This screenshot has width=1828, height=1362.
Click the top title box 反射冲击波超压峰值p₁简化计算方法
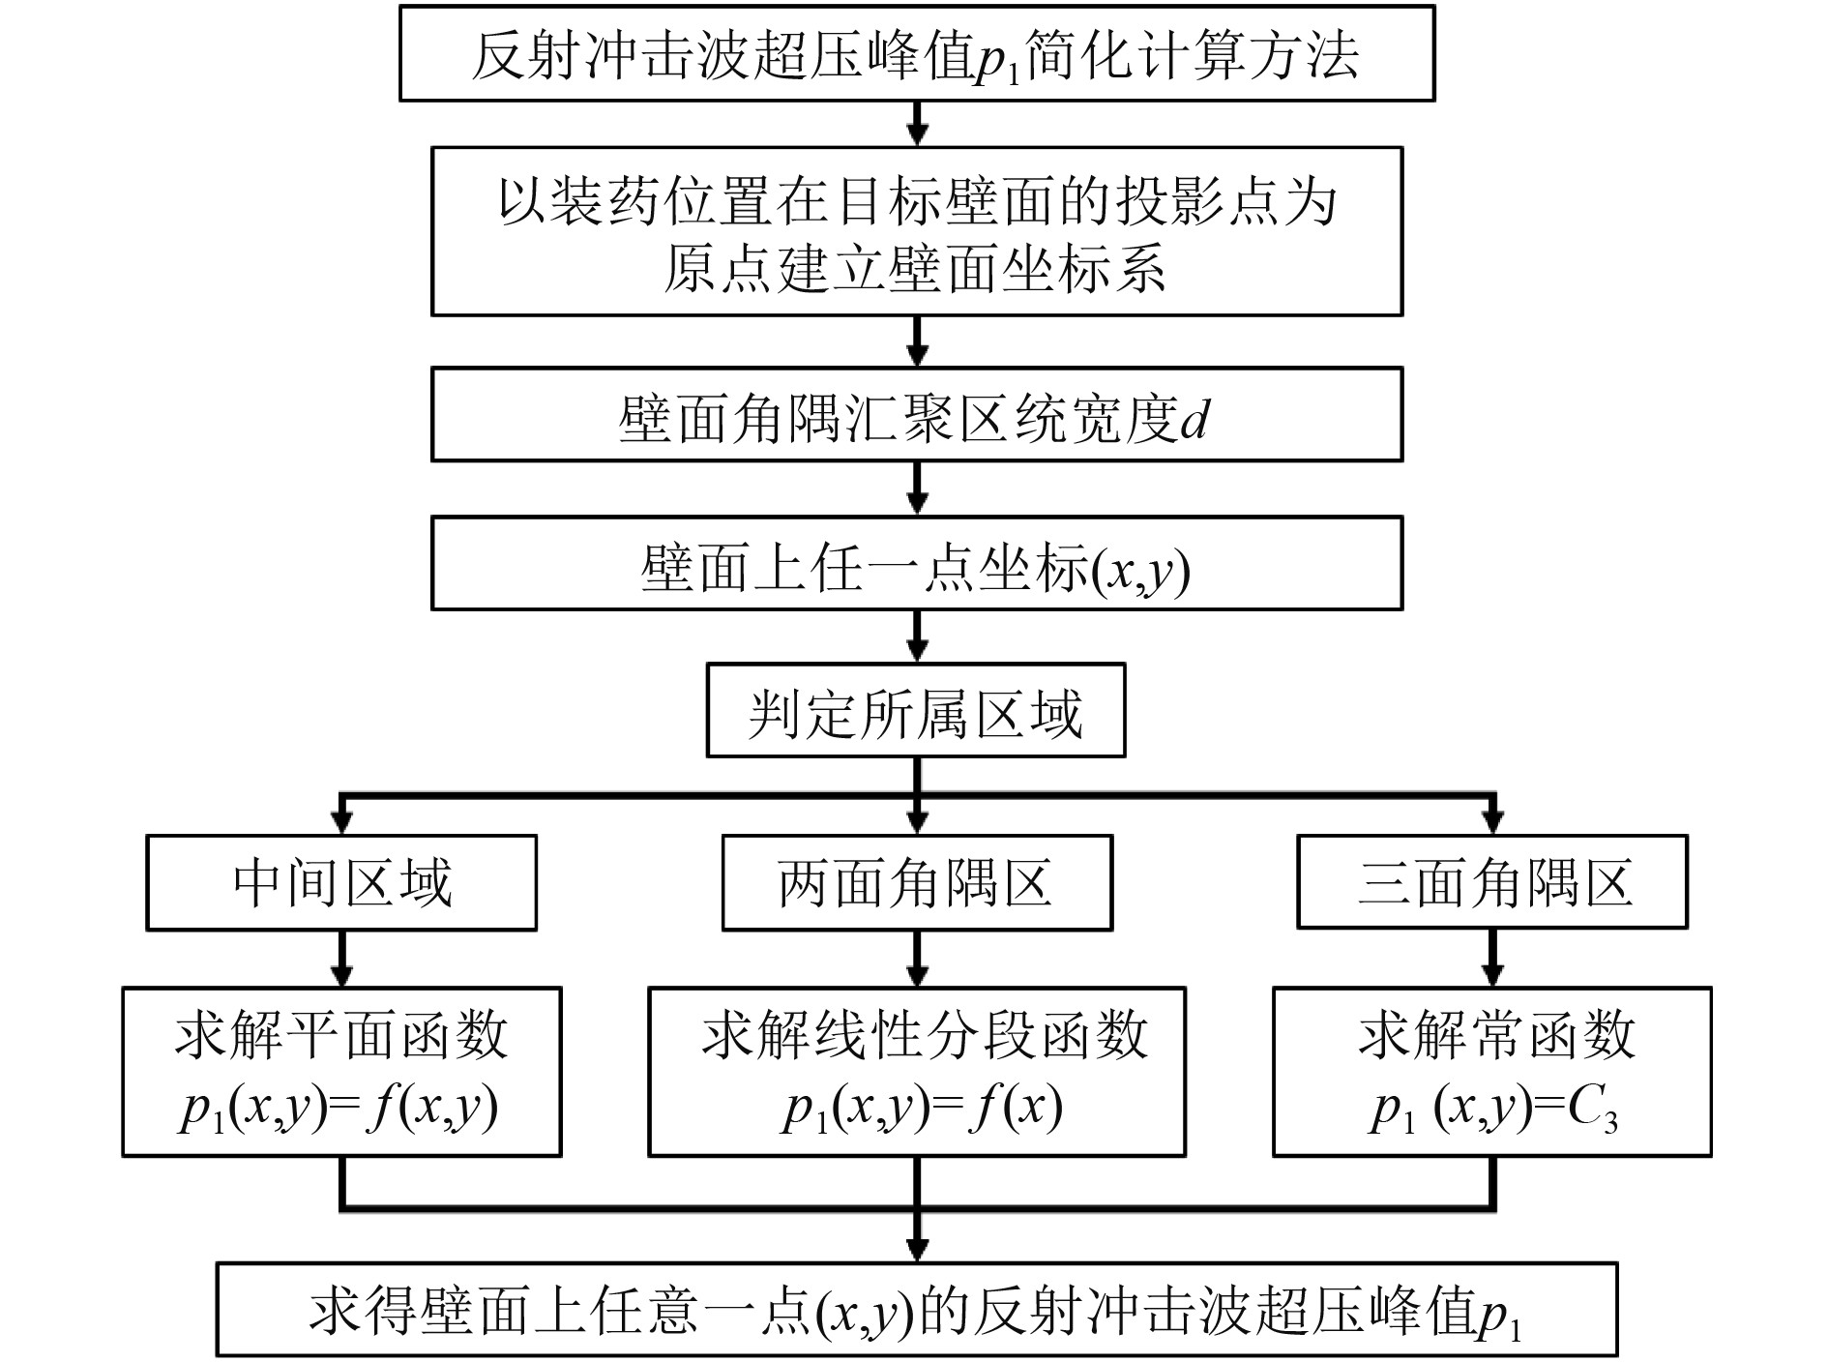(916, 54)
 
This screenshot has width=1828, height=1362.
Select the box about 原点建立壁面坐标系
(916, 232)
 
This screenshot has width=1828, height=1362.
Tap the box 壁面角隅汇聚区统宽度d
(916, 415)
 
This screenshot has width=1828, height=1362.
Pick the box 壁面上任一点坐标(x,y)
(916, 564)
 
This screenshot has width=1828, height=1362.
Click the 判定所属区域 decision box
(916, 711)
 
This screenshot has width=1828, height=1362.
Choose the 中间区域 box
(341, 883)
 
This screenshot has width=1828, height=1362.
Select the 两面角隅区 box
(917, 883)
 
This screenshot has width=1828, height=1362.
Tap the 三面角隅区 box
(1491, 883)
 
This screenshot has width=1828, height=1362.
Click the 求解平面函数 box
(341, 1072)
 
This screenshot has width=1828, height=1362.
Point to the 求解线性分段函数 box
(917, 1072)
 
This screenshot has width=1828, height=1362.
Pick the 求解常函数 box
(1491, 1072)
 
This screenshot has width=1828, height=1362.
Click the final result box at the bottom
(916, 1310)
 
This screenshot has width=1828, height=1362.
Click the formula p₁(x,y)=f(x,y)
(339, 1109)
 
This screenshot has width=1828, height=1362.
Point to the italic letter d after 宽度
(1195, 419)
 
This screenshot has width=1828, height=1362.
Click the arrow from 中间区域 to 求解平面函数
(341, 960)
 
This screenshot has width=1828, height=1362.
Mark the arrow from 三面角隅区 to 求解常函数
(1491, 960)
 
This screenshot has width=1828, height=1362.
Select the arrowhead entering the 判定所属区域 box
(917, 651)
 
